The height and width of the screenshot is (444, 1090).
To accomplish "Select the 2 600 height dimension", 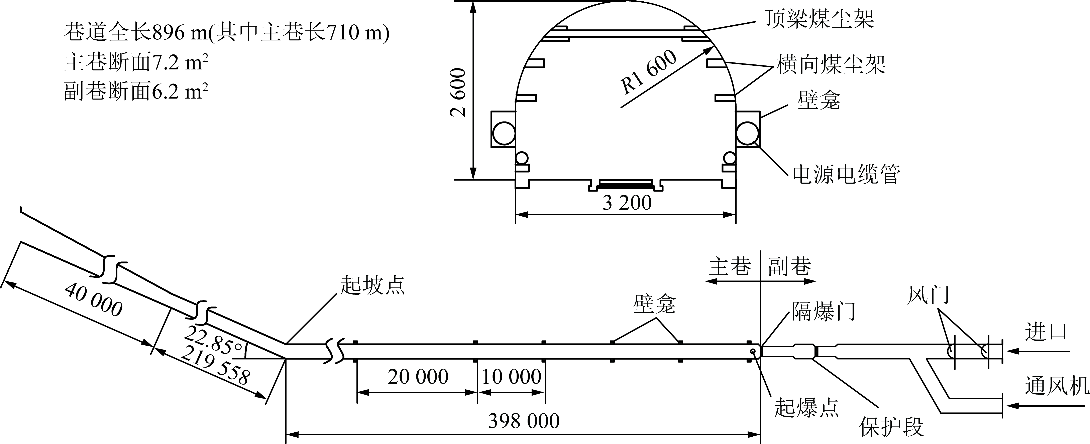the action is [458, 92].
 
